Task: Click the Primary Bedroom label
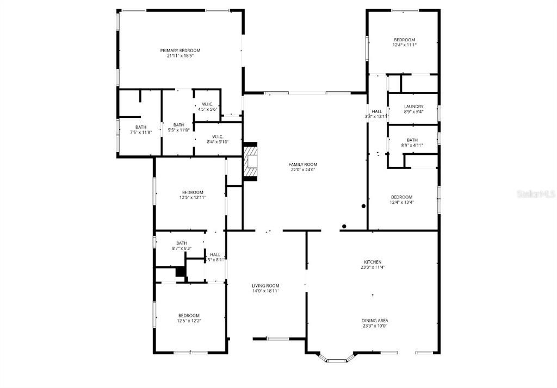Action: coord(180,50)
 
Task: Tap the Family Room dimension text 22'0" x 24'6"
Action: coord(303,170)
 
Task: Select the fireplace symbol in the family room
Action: coord(251,162)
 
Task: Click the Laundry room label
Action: coord(413,107)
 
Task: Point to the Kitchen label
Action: coord(373,262)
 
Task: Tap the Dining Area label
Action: coord(375,321)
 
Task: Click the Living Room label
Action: coord(265,286)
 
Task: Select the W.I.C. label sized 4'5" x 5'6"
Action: coord(207,104)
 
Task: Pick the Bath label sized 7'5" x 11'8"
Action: coord(141,127)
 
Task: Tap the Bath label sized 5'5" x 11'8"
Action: coord(179,125)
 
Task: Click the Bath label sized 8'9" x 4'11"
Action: coord(412,140)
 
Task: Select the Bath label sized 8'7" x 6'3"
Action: coord(182,243)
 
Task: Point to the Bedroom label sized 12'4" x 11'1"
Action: coord(404,40)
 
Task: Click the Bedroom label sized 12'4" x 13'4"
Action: coord(401,197)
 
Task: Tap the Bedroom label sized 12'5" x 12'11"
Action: coord(193,192)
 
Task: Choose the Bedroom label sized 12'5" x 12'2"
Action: coord(189,316)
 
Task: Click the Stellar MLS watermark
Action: coord(535,193)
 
